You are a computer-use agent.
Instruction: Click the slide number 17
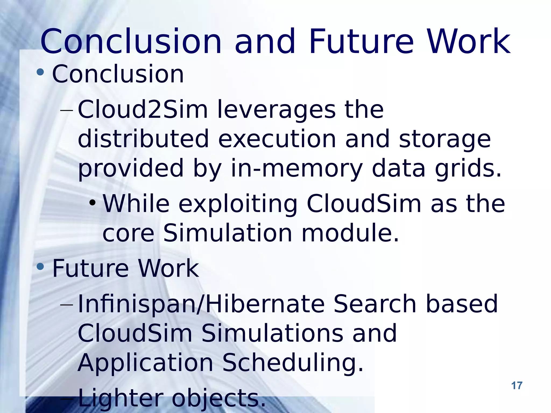click(x=517, y=386)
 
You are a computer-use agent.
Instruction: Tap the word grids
click(x=468, y=169)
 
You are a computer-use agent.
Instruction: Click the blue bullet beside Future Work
click(x=40, y=266)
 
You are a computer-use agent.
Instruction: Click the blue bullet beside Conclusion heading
click(x=40, y=72)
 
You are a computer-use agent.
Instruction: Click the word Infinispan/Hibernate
click(x=201, y=304)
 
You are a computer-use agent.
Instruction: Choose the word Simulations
click(x=272, y=333)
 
